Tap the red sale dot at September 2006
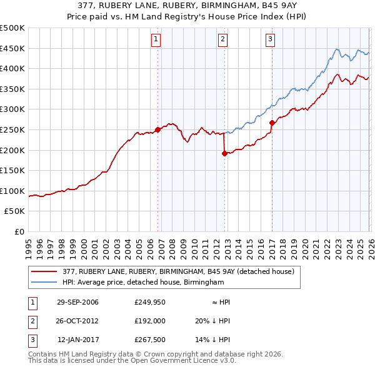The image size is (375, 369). click(x=157, y=129)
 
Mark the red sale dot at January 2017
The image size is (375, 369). click(x=272, y=123)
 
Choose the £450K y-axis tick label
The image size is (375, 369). click(x=12, y=48)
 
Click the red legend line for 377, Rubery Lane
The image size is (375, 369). click(x=44, y=271)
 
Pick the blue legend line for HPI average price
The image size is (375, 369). click(x=44, y=283)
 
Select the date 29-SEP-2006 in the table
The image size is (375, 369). click(x=77, y=302)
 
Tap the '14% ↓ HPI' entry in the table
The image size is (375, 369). click(x=212, y=340)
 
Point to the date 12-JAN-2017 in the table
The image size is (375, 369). click(x=78, y=340)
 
